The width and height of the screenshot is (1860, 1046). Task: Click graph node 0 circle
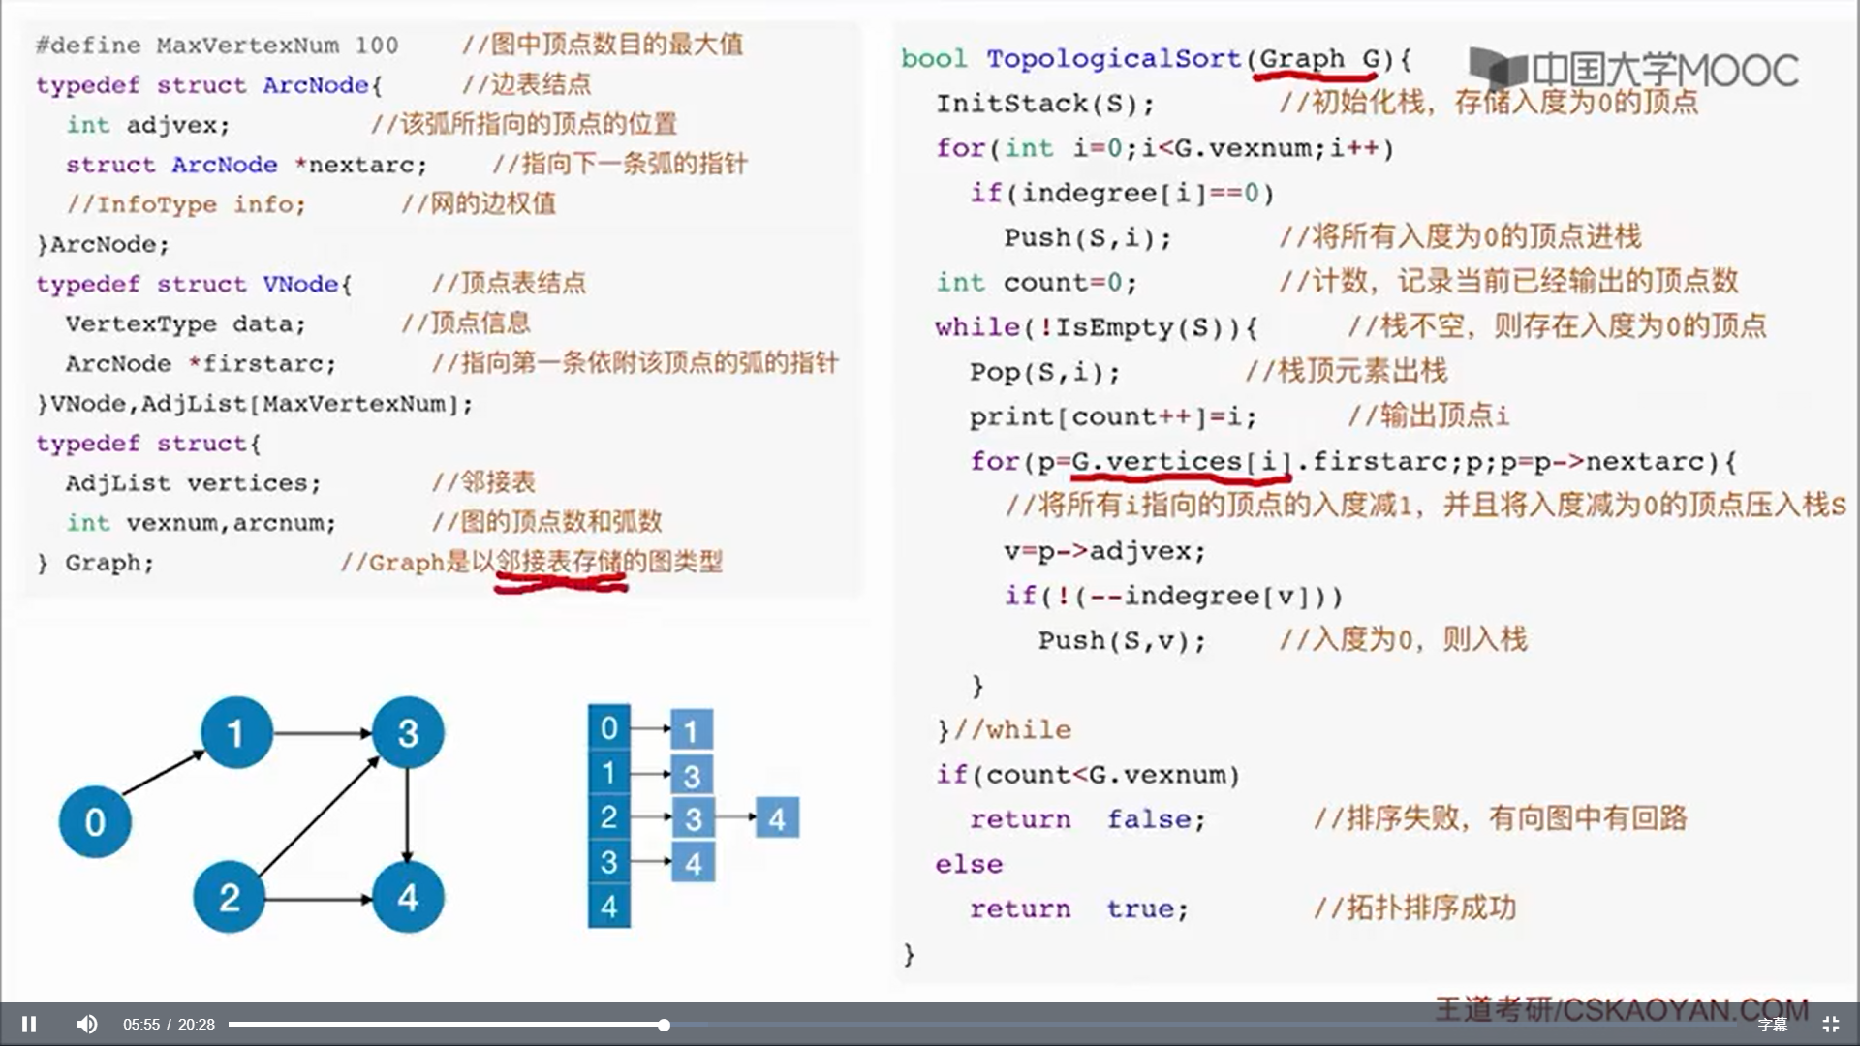[x=95, y=821]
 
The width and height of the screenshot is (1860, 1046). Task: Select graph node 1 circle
[x=236, y=732]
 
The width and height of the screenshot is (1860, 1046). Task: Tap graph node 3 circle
[x=408, y=732]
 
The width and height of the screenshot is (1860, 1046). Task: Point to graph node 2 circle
[x=229, y=897]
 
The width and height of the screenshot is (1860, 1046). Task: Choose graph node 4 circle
[x=408, y=897]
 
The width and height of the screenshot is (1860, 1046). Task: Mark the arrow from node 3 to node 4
[x=408, y=815]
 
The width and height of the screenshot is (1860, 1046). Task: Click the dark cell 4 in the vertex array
[x=608, y=907]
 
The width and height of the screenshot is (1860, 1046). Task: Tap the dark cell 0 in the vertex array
[x=608, y=727]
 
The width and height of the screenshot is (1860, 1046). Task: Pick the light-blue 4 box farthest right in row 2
[x=777, y=818]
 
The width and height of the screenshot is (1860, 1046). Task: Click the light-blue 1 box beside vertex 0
[x=691, y=730]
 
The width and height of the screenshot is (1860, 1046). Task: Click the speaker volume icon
[x=87, y=1024]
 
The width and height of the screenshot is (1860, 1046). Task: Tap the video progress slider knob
[x=664, y=1024]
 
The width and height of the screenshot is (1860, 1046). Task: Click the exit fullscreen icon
[x=1830, y=1024]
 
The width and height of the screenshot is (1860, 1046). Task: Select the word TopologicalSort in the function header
[x=1113, y=58]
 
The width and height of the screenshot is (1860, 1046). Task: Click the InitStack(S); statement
[x=1044, y=104]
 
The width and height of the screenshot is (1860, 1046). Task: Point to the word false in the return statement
[x=1156, y=819]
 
